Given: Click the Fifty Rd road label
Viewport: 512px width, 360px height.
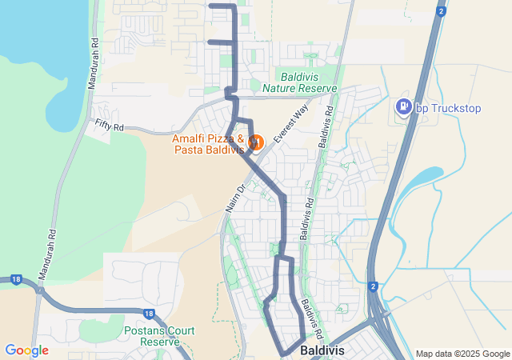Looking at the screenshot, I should (x=109, y=126).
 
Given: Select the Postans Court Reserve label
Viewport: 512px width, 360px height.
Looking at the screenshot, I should (x=156, y=335).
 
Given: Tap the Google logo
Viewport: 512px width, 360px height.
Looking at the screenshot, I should (x=26, y=350).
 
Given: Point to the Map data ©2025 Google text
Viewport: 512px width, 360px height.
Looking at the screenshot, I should (x=462, y=354).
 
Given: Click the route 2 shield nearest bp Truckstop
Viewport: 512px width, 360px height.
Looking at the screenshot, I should (x=441, y=11).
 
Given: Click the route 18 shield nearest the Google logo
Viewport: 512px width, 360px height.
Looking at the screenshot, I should (x=15, y=279).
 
